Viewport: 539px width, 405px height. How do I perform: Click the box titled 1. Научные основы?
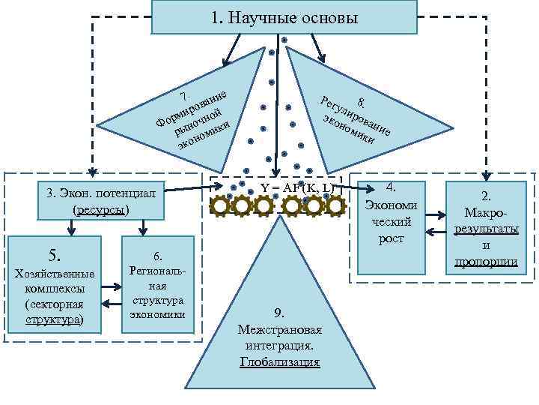[x=284, y=17]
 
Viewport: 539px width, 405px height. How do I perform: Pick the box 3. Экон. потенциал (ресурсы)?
[x=102, y=200]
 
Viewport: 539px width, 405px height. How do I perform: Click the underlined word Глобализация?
[x=280, y=362]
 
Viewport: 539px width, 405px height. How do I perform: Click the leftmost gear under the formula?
[x=222, y=204]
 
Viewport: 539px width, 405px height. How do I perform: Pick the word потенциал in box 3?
[x=130, y=193]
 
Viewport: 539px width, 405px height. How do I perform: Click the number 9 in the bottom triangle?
[x=278, y=312]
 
